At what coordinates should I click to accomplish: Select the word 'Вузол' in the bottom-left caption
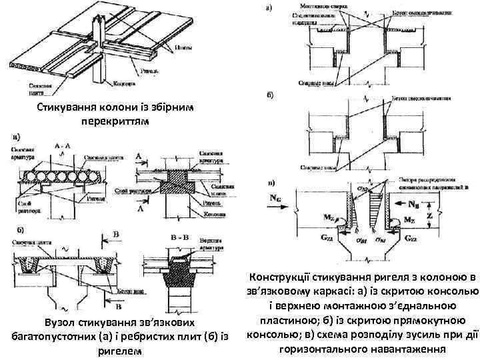tap(58, 324)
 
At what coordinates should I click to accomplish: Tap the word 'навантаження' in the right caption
tap(406, 349)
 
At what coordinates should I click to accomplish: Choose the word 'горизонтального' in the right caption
tap(325, 349)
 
